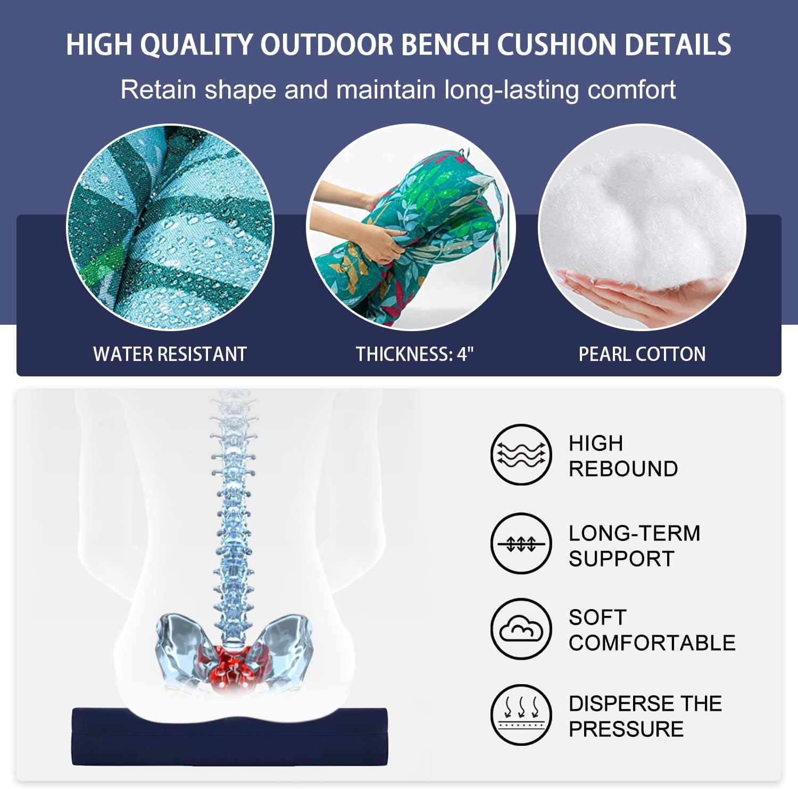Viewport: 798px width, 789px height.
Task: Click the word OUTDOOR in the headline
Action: coord(327,44)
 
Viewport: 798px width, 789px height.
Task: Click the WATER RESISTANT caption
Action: coord(170,354)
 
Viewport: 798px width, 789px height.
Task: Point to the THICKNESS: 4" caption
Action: coord(414,354)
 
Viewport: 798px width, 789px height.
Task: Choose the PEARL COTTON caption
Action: coord(642,354)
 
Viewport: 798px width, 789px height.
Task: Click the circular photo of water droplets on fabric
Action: coord(170,227)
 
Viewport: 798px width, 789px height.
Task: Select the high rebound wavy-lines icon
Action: coord(521,455)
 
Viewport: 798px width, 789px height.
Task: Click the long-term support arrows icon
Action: coord(521,544)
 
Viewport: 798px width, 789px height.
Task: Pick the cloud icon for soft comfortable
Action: coord(521,629)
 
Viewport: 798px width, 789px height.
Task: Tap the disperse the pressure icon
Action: coord(521,714)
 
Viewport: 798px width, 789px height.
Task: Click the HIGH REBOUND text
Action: coord(622,456)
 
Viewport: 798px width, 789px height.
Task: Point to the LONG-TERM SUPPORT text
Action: coord(634,546)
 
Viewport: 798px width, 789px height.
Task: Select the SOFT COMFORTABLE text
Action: coord(651,630)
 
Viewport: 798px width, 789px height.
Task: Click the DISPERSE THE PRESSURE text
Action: coord(645,716)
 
